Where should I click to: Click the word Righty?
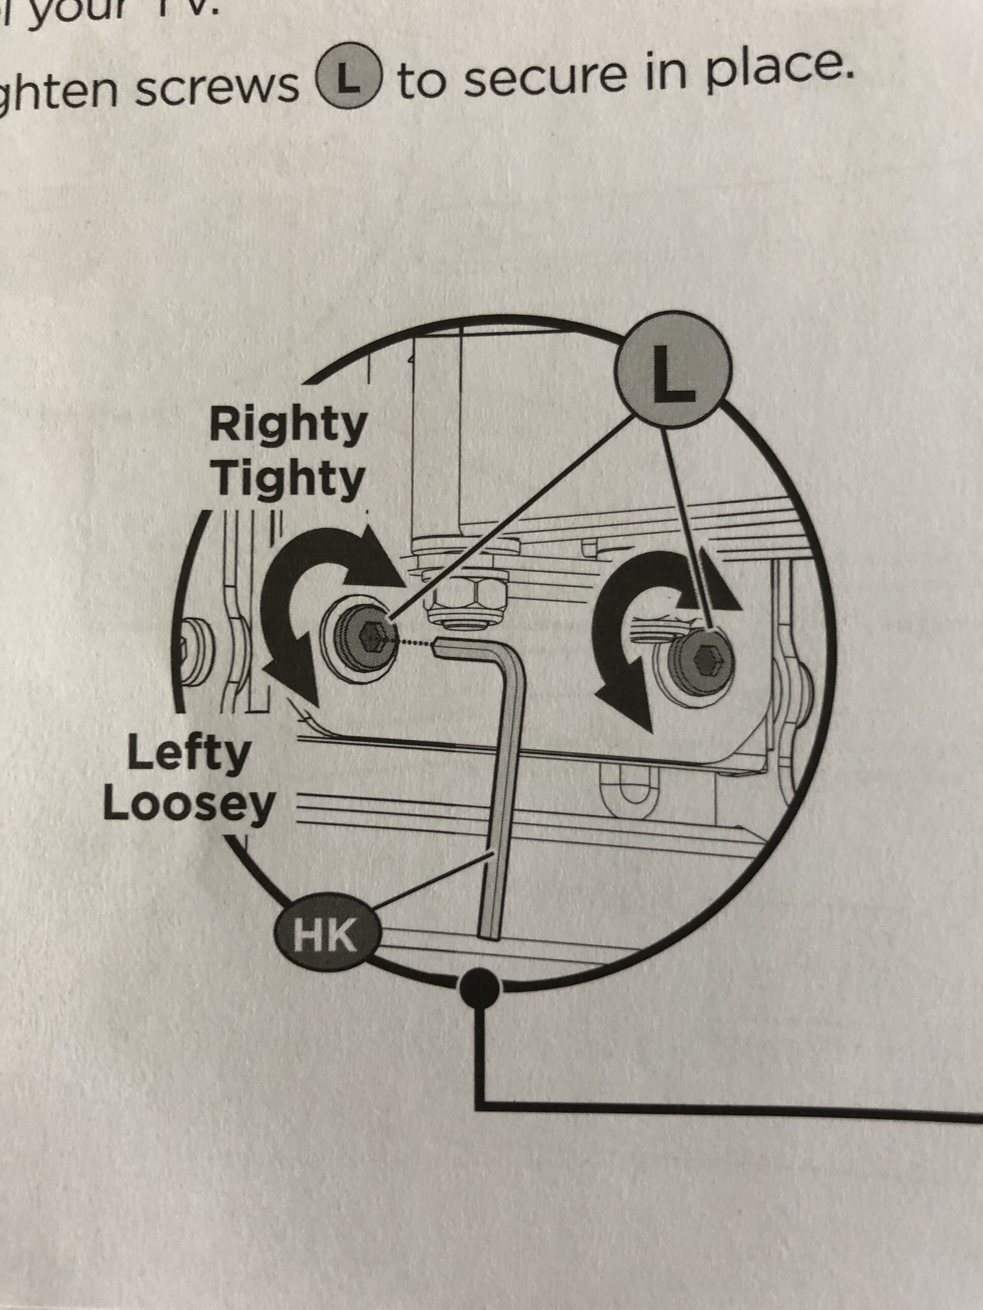tap(287, 427)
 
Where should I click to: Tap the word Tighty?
tap(289, 478)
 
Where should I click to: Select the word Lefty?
tap(188, 755)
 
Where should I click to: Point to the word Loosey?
tap(188, 806)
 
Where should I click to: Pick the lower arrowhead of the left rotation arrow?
tap(291, 688)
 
